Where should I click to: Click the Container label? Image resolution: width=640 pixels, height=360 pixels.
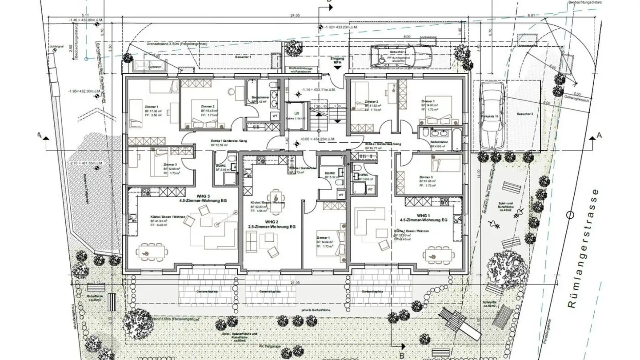[x=155, y=67]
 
